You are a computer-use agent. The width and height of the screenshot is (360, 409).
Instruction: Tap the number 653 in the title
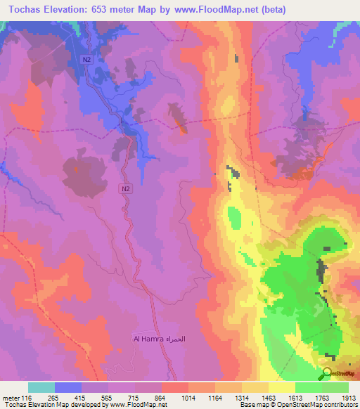coord(110,10)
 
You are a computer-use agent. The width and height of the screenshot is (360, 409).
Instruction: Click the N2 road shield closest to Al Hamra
coord(124,188)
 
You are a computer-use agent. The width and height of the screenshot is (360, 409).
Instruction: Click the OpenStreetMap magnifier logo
coord(326,373)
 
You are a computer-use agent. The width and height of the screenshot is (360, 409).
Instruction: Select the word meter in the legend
coord(11,397)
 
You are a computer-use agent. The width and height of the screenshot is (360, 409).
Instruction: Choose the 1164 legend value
coord(215,397)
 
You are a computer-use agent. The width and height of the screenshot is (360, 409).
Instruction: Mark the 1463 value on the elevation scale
coord(269,397)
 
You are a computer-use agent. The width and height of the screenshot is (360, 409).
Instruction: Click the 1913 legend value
coord(348,397)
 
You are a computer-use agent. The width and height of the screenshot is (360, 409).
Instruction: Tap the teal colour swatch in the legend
coord(41,387)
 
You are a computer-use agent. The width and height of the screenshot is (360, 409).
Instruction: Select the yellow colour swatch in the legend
coord(281,387)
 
